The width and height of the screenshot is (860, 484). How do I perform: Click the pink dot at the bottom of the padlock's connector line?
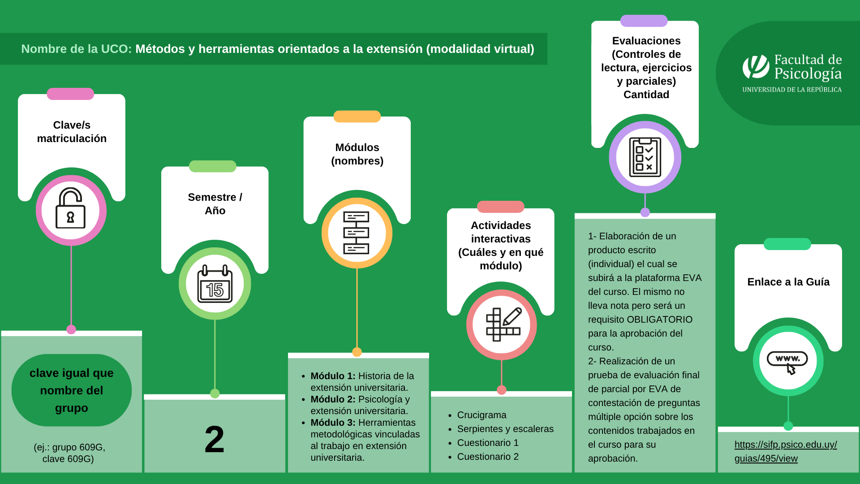(71, 329)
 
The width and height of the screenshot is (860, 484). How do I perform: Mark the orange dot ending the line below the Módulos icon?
(357, 352)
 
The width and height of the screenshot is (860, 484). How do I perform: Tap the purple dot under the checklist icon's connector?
(645, 212)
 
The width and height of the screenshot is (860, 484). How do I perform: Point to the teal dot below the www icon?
(788, 426)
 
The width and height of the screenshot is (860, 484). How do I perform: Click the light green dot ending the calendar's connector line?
(215, 393)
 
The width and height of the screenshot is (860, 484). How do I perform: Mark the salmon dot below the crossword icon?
(502, 390)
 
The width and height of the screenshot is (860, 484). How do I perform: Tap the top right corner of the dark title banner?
(547, 33)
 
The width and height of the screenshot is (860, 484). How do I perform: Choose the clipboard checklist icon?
(645, 157)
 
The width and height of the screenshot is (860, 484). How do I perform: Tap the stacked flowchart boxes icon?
(356, 233)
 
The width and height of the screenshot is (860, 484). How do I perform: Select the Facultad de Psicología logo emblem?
(756, 67)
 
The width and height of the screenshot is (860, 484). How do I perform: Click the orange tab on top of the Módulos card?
(357, 117)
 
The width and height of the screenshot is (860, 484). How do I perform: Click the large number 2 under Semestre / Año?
(215, 440)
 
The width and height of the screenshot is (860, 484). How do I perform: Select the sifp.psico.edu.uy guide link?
(786, 451)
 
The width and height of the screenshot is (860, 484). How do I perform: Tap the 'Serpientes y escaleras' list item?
(505, 429)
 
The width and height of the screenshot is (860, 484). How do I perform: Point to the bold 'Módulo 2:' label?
(333, 399)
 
